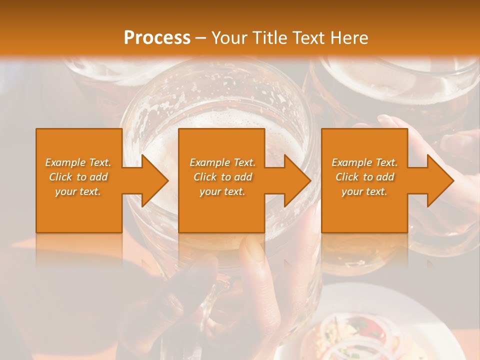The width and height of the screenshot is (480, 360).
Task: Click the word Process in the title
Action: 157,37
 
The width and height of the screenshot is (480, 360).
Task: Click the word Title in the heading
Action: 269,37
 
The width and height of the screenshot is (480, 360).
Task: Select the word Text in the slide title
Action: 308,37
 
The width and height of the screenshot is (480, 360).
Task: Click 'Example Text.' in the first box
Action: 78,162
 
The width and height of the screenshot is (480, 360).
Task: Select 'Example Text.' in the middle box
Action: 222,162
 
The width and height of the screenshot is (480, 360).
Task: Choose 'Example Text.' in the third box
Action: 364,162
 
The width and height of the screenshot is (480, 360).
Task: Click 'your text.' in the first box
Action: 78,191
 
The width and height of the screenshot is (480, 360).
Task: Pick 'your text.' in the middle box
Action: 222,191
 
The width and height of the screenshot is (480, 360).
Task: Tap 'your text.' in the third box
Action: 364,191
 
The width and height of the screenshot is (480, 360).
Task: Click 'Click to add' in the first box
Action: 78,177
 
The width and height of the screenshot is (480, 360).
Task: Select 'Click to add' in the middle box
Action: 222,177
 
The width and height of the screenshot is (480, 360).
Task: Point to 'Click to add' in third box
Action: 364,177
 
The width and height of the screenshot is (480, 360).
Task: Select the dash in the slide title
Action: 200,38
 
